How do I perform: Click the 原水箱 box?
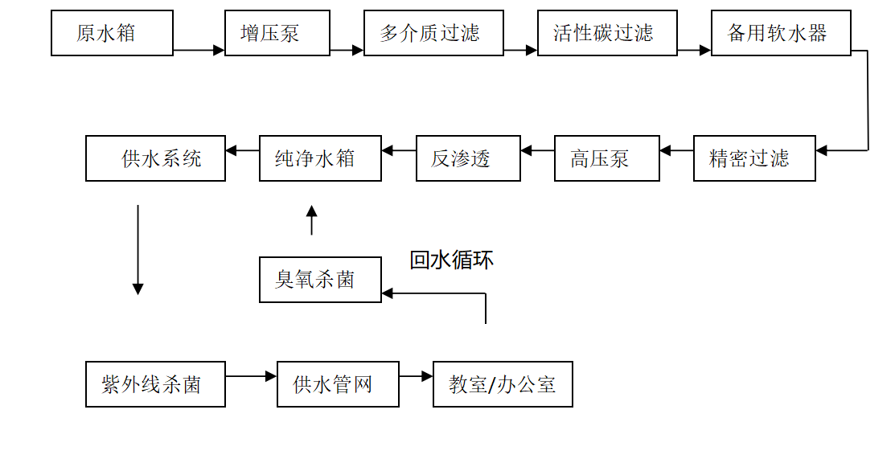pyautogui.click(x=112, y=33)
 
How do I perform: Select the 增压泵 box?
pyautogui.click(x=277, y=33)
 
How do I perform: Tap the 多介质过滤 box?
pyautogui.click(x=433, y=33)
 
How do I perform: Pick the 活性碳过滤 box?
pyautogui.click(x=607, y=33)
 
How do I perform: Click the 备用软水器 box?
pyautogui.click(x=781, y=33)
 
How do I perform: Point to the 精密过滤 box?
pyautogui.click(x=754, y=158)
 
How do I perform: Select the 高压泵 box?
pyautogui.click(x=607, y=158)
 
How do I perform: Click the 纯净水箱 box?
pyautogui.click(x=320, y=158)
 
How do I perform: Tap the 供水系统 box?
pyautogui.click(x=155, y=158)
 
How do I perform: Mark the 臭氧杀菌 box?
pyautogui.click(x=320, y=280)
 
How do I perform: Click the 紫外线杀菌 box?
pyautogui.click(x=155, y=384)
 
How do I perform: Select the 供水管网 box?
pyautogui.click(x=338, y=384)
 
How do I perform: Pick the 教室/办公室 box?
pyautogui.click(x=503, y=384)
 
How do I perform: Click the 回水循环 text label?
pyautogui.click(x=451, y=260)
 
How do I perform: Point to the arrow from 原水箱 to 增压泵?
pyautogui.click(x=199, y=50)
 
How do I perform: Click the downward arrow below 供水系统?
pyautogui.click(x=138, y=249)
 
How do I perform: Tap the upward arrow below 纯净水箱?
pyautogui.click(x=312, y=219)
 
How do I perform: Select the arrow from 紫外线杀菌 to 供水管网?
pyautogui.click(x=251, y=375)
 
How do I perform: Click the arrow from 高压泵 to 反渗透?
pyautogui.click(x=538, y=150)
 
